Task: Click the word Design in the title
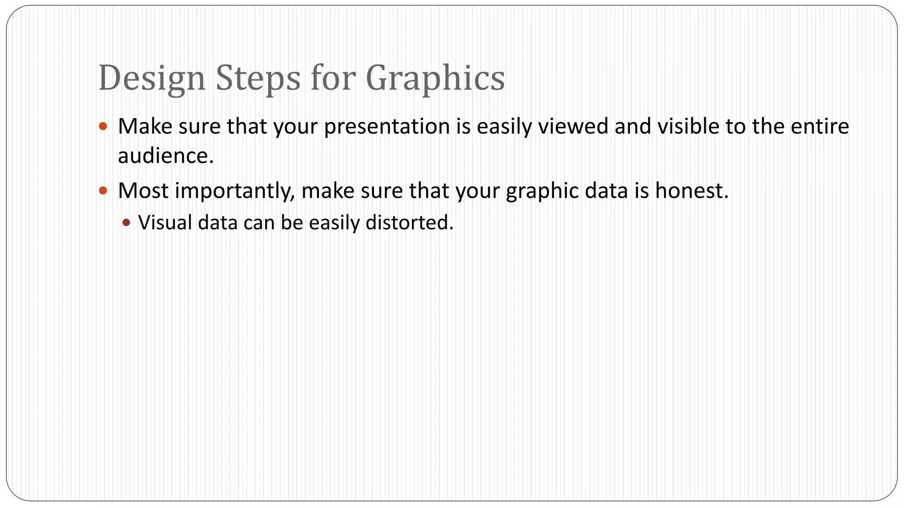pyautogui.click(x=152, y=78)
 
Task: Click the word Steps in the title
pyautogui.click(x=258, y=78)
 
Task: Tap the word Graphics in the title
pyautogui.click(x=435, y=78)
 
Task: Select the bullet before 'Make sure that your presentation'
pyautogui.click(x=103, y=127)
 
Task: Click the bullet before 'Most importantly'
pyautogui.click(x=103, y=190)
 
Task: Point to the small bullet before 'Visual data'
pyautogui.click(x=127, y=223)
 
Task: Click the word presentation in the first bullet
pyautogui.click(x=387, y=127)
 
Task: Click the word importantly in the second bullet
pyautogui.click(x=234, y=191)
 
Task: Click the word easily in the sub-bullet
pyautogui.click(x=334, y=223)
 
